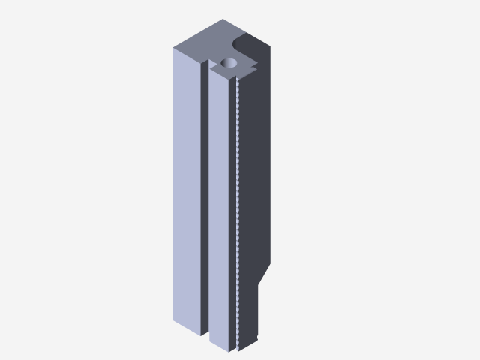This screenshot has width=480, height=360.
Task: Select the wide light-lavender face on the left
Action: (x=187, y=187)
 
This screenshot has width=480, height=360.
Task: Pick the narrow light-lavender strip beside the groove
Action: (x=219, y=210)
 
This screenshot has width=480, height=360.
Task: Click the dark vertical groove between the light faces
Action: (x=205, y=195)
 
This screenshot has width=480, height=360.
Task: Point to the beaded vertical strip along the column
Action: (x=237, y=210)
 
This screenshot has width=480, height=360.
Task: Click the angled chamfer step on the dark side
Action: (x=264, y=274)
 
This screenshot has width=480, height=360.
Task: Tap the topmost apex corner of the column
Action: (x=223, y=19)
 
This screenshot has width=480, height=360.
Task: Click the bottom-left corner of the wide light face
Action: (x=174, y=320)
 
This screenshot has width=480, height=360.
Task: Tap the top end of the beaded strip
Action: (x=237, y=79)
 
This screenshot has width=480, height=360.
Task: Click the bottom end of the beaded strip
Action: (x=238, y=346)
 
